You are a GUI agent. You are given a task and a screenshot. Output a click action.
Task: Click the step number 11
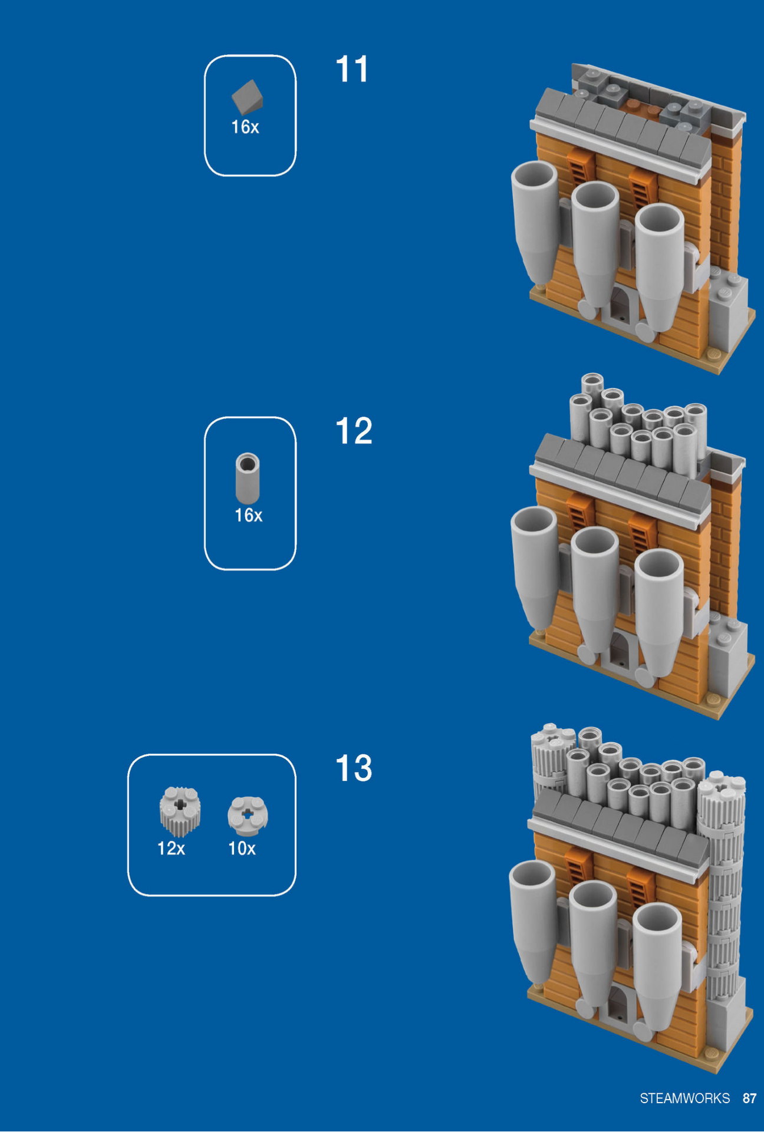(x=352, y=70)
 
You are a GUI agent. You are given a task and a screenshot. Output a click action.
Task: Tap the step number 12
(x=354, y=431)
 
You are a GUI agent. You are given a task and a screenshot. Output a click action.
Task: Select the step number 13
(x=354, y=768)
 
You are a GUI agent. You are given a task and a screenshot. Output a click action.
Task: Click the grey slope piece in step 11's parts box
(x=248, y=97)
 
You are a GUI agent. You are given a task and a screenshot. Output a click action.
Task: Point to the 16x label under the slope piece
(x=245, y=127)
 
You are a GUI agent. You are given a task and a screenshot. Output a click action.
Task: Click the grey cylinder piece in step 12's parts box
(x=248, y=478)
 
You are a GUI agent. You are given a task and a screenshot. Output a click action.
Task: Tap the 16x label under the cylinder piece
(x=248, y=516)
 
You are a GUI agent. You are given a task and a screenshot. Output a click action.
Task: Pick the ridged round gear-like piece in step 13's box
(x=180, y=811)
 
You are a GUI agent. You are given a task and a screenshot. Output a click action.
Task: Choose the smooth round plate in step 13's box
(x=248, y=816)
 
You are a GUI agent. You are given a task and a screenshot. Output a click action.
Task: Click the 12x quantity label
(x=171, y=849)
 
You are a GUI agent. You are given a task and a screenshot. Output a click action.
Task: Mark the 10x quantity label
(x=242, y=849)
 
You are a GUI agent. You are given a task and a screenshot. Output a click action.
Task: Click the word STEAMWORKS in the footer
(x=684, y=1098)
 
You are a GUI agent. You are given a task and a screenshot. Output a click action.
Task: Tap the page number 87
(x=749, y=1098)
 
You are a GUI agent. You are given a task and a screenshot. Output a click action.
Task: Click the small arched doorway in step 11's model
(x=620, y=305)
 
